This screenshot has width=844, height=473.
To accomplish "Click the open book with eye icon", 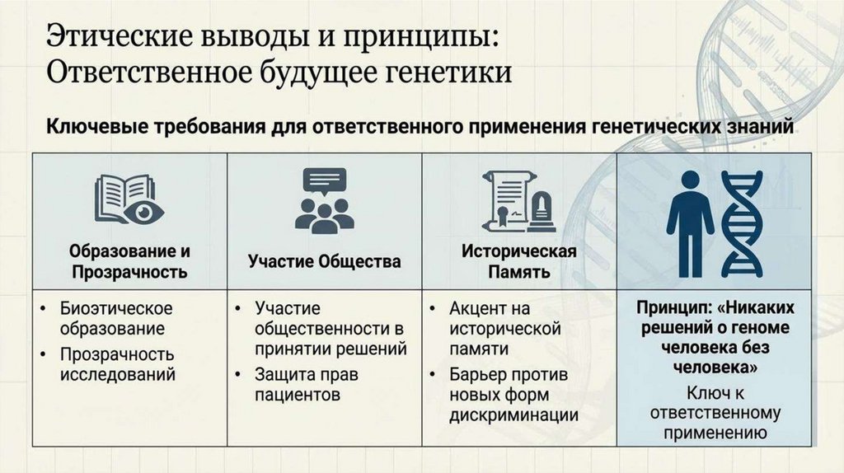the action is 129,199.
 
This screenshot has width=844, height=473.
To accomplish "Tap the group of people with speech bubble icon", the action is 324,201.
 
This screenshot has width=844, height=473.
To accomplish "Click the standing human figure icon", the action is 690,222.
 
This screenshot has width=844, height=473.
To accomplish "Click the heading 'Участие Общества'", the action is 325,261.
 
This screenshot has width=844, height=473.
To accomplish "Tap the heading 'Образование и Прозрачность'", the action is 129,261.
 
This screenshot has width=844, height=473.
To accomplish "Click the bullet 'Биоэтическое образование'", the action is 115,318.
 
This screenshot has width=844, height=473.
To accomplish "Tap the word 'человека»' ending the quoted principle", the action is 715,364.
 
